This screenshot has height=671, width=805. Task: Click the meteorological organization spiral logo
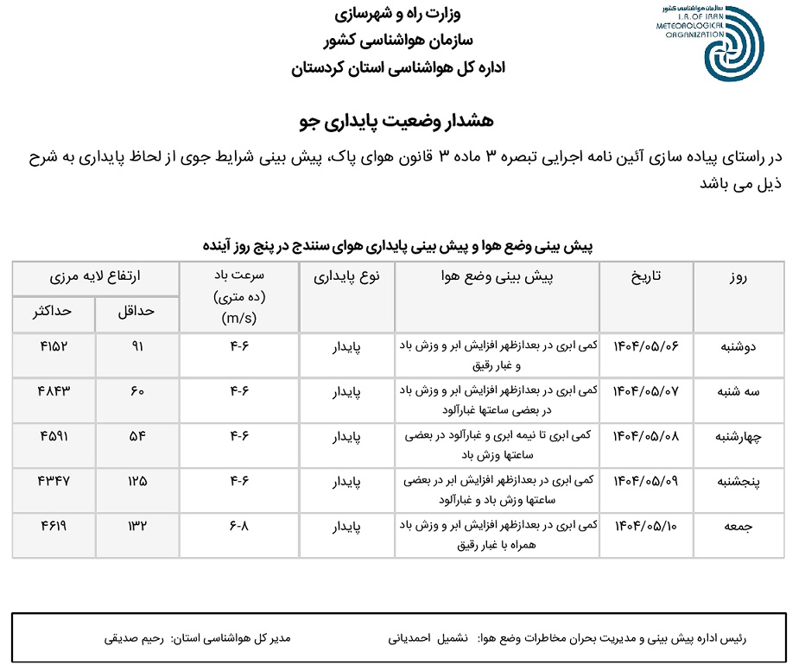(x=733, y=51)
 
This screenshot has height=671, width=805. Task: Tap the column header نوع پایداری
(x=346, y=276)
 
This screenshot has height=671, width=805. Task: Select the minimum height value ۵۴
(x=136, y=436)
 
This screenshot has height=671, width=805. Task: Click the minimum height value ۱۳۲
(x=136, y=526)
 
